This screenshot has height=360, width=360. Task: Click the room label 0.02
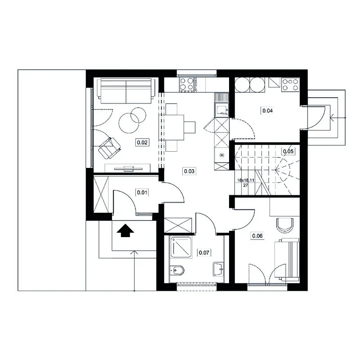pos(142,143)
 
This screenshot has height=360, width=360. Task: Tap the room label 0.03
pos(189,171)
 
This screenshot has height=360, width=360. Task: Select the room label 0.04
pos(267,111)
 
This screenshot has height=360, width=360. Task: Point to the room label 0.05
pos(288,151)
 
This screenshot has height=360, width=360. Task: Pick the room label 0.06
pos(257,236)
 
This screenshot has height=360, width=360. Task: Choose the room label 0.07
pos(204,253)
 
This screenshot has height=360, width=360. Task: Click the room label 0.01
pos(142,192)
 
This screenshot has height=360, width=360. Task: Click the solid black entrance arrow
pos(125,230)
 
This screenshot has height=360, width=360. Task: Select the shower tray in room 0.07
pos(181,247)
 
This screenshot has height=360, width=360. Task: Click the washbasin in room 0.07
pos(218,269)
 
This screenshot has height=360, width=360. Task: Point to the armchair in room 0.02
pos(109,148)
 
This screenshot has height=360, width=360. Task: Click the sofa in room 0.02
pos(126,91)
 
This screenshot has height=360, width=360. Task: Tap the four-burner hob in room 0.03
pos(187,85)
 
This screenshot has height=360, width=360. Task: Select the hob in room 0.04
pos(290,85)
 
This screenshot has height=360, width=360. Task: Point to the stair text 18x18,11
pos(246,180)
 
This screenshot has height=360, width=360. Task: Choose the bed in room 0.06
pos(287,260)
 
